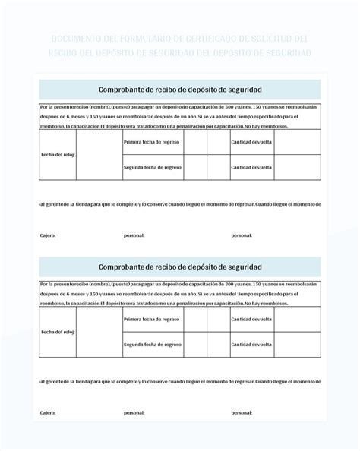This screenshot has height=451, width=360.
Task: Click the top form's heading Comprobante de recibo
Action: [x=180, y=90]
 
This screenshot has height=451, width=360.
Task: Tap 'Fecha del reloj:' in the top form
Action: [x=58, y=154]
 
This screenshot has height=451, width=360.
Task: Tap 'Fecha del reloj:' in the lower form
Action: [x=58, y=332]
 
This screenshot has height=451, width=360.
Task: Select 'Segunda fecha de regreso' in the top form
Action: [x=153, y=166]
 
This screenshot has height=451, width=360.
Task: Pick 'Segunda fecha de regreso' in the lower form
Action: [x=153, y=344]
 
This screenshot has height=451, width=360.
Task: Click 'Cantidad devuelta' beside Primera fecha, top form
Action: [x=252, y=141]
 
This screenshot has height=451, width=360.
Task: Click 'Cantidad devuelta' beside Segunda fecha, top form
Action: [x=252, y=166]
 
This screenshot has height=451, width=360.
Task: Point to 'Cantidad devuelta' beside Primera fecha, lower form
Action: [x=252, y=319]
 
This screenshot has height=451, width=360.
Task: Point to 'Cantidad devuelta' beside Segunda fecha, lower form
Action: [x=252, y=344]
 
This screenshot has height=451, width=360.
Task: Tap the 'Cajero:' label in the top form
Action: [x=48, y=235]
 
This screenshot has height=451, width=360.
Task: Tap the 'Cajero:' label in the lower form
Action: [x=48, y=413]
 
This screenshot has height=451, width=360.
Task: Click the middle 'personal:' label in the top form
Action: [x=134, y=235]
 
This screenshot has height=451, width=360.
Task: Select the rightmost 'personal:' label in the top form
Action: [x=242, y=235]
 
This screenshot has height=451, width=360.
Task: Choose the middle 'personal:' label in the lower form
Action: [x=134, y=413]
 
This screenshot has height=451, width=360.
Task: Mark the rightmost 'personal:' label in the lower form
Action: [x=242, y=413]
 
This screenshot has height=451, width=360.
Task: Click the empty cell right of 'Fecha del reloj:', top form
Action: [x=99, y=154]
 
